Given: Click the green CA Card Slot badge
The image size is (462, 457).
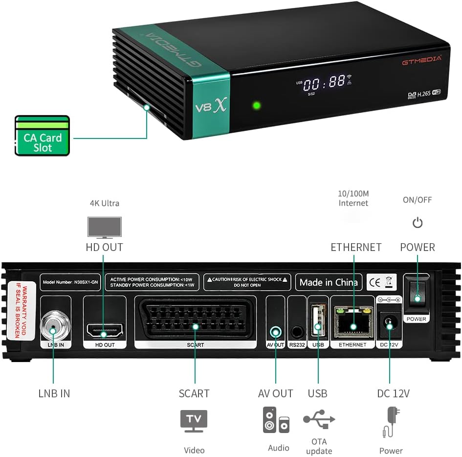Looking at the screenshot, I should click(42, 136).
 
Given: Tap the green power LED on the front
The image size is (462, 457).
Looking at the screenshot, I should click(256, 105).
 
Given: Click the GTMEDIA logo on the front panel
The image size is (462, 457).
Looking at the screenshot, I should click(421, 60).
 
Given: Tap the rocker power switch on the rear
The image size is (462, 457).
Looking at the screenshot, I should click(417, 297).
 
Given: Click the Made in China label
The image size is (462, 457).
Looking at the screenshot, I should click(329, 282).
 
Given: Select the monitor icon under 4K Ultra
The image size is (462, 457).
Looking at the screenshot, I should click(104, 228).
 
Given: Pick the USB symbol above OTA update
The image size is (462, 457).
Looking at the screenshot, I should click(319, 419).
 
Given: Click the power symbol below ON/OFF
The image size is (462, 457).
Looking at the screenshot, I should click(417, 223).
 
